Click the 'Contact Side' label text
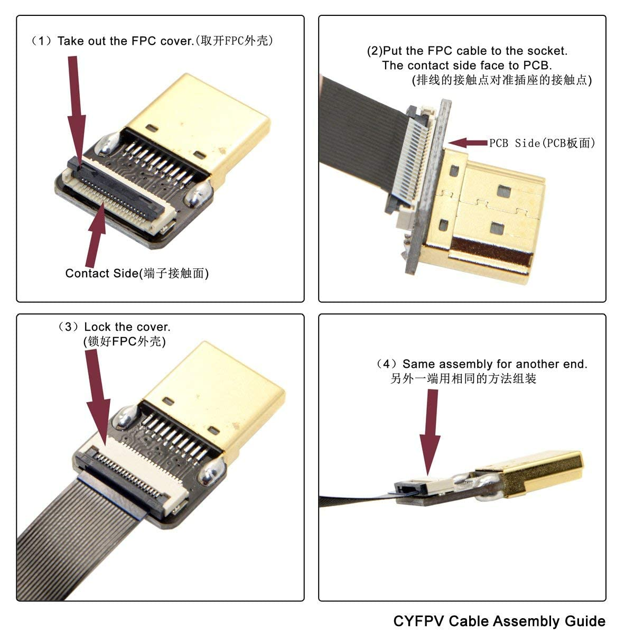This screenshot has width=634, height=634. (137, 273)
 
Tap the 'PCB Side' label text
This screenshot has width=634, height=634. (542, 143)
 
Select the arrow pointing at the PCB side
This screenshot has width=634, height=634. (468, 143)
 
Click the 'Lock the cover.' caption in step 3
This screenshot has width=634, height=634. (127, 327)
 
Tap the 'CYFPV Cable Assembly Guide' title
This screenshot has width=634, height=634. (499, 620)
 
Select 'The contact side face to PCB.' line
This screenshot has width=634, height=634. (467, 66)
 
